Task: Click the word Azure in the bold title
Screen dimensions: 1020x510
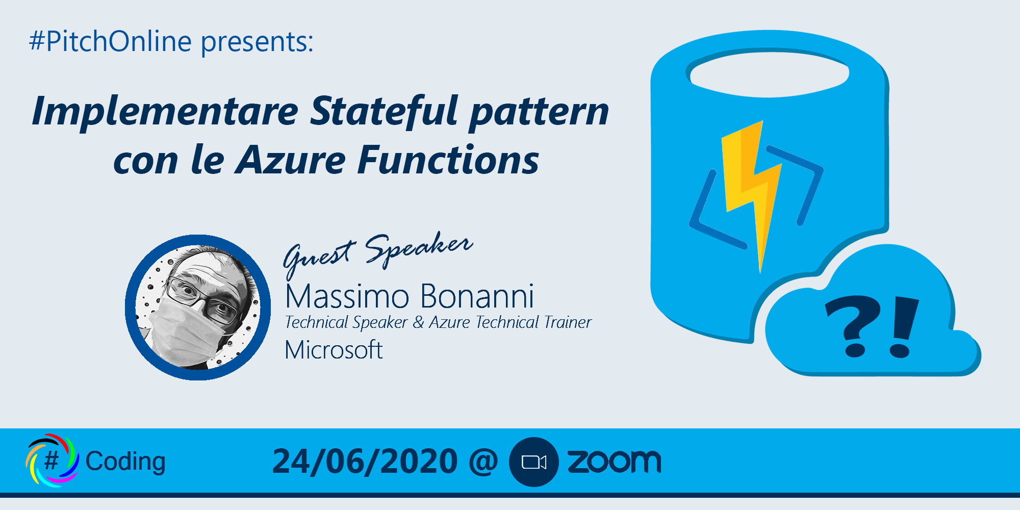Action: (291, 160)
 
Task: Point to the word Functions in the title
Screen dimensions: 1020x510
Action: (448, 160)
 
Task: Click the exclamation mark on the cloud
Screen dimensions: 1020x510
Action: (903, 327)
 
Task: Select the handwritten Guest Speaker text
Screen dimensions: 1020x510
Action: (378, 252)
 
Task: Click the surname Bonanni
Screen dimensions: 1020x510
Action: (477, 296)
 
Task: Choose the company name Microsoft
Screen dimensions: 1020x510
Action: (334, 350)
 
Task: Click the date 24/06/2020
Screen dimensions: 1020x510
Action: (365, 462)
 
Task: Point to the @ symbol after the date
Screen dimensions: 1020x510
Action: (483, 461)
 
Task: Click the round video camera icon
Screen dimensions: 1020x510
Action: (534, 462)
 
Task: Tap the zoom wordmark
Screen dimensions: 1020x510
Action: (614, 461)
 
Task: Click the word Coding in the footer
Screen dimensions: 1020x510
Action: (125, 462)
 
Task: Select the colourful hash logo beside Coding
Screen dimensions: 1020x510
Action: (52, 460)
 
